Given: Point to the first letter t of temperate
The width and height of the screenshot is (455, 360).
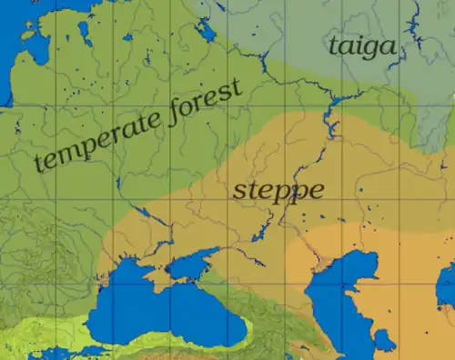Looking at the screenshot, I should click(39, 164).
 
